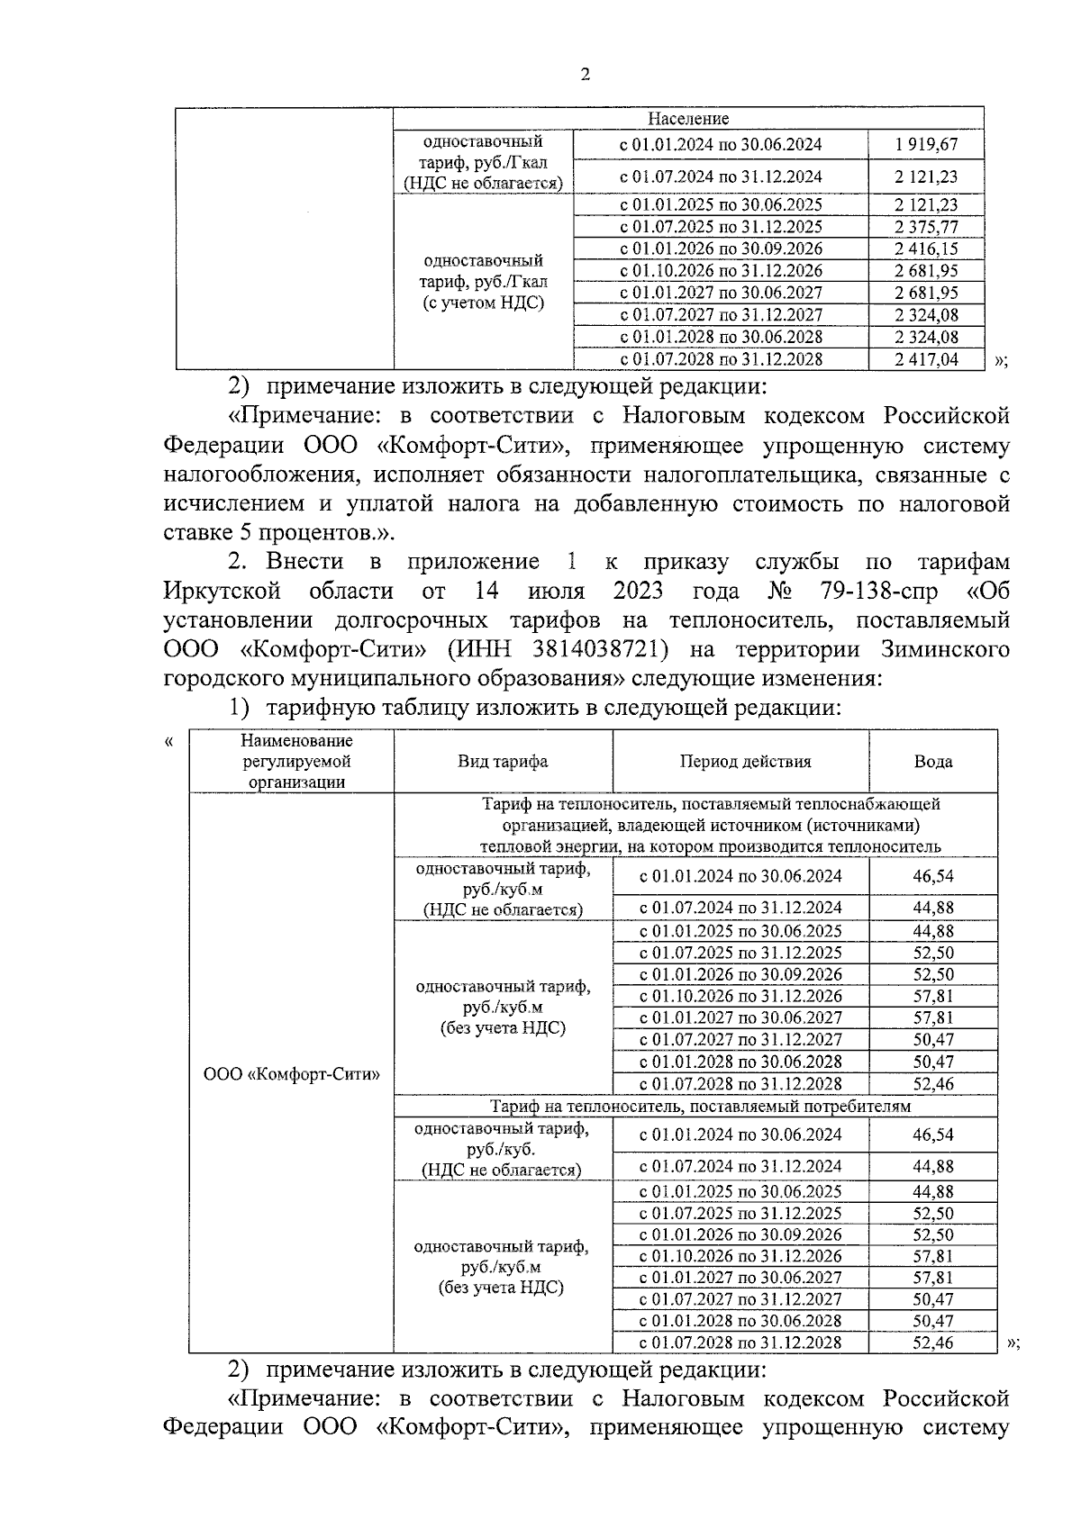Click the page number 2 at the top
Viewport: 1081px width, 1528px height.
pos(586,76)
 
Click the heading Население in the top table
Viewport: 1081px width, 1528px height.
pos(688,119)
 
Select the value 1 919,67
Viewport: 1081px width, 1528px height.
pos(926,144)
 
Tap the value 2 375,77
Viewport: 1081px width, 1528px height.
pos(926,227)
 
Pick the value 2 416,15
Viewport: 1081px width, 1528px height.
pos(926,249)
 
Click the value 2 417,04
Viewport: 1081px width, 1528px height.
pos(926,359)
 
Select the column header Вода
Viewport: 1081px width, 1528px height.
pos(932,762)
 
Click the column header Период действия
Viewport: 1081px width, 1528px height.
pos(744,762)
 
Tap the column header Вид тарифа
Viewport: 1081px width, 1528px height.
pos(503,762)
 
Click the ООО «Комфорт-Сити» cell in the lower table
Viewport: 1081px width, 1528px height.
pos(292,1074)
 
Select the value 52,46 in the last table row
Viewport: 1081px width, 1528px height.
pos(932,1343)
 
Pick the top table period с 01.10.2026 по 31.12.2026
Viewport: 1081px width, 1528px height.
pos(721,271)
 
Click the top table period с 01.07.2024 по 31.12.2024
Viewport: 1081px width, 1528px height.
pos(721,176)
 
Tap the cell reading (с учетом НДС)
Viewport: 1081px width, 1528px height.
pos(484,303)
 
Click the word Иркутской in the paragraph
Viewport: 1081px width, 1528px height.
pos(223,592)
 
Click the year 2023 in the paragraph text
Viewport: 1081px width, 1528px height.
pos(638,592)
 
